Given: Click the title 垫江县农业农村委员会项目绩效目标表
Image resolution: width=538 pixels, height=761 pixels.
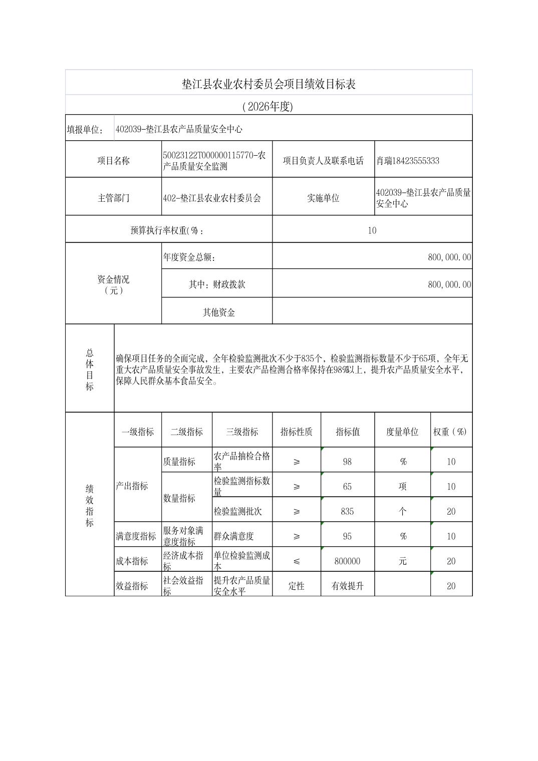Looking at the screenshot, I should [268, 84].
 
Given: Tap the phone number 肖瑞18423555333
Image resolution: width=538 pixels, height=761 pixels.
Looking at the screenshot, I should [408, 161].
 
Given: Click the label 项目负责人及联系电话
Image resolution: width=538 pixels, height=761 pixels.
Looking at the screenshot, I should [323, 161].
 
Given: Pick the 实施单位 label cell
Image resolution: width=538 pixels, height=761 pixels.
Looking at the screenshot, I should [323, 198].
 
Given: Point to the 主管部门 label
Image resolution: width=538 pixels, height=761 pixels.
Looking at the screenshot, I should [113, 198].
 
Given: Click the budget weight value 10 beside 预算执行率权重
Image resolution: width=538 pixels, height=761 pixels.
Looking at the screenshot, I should [372, 230].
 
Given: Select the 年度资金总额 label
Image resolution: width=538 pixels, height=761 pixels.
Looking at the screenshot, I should [189, 257].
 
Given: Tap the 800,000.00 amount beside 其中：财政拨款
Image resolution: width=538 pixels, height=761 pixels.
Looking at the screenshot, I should [449, 284].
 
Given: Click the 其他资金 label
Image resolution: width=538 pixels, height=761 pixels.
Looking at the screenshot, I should [218, 312].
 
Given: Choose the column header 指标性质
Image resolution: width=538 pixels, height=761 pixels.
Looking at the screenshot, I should [296, 432].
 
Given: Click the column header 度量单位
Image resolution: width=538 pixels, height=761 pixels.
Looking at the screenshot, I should [402, 432].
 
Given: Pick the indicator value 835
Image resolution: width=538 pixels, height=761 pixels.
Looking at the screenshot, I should [347, 511].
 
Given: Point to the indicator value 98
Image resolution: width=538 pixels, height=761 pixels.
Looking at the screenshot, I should [347, 462].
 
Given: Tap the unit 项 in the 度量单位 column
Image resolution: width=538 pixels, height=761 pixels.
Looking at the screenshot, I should [402, 486].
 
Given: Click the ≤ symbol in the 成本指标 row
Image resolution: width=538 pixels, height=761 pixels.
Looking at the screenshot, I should [297, 561].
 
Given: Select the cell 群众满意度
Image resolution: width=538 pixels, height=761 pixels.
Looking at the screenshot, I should [234, 536].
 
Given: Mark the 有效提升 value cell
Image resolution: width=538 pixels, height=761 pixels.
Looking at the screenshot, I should [347, 586].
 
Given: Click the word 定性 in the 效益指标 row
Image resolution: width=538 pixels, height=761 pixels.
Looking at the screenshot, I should [297, 586].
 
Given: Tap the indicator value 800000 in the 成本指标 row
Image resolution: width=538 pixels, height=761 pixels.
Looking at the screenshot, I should [347, 561].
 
